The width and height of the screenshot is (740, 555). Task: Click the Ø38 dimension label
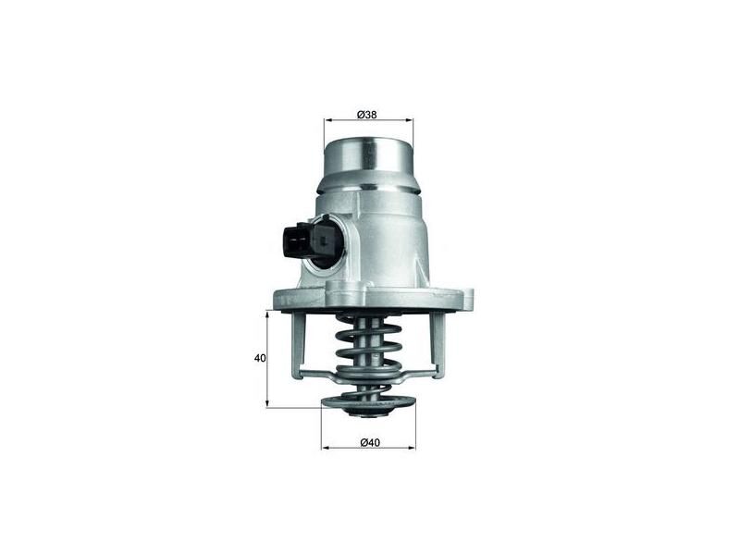[368, 115]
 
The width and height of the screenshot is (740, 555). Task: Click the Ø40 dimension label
[369, 441]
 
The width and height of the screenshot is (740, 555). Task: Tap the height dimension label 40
[260, 358]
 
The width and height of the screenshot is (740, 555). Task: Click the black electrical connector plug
[294, 238]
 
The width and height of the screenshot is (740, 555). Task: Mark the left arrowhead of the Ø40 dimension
[325, 448]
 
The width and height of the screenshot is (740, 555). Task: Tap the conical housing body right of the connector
[388, 240]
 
